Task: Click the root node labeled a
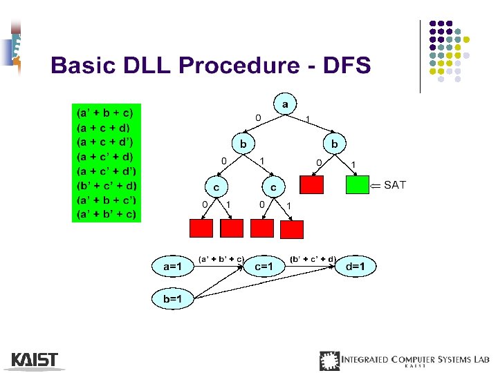click(x=284, y=104)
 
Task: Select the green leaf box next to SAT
click(x=357, y=185)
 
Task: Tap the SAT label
click(x=395, y=184)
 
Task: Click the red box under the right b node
click(x=311, y=185)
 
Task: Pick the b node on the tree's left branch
click(x=243, y=144)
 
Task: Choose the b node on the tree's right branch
click(x=335, y=144)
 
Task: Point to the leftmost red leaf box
click(x=201, y=228)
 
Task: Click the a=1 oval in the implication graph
click(x=173, y=266)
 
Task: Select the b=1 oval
click(x=173, y=298)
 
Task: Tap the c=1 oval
click(x=263, y=266)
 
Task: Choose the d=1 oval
click(x=356, y=266)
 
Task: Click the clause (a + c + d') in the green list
click(x=107, y=142)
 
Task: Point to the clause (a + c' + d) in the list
click(x=107, y=156)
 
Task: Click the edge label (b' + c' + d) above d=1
click(x=312, y=258)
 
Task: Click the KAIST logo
click(x=35, y=360)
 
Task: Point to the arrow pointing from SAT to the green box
click(x=376, y=185)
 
